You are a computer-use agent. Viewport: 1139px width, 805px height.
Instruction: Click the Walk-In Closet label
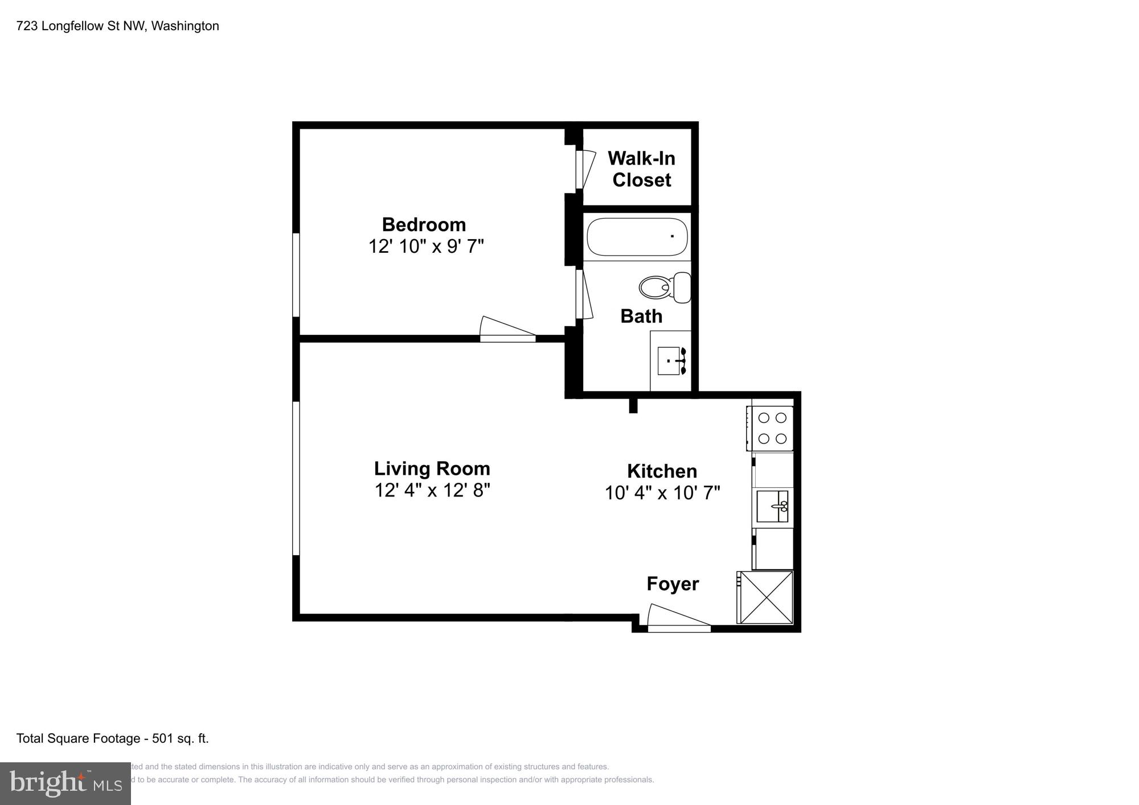tap(641, 169)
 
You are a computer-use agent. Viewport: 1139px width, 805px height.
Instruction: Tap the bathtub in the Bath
tap(637, 237)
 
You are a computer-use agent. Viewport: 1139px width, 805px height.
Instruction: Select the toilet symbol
tap(664, 287)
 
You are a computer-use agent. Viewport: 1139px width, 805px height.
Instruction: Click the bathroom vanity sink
tap(671, 361)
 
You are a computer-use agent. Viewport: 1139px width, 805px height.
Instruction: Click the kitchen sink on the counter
tap(772, 506)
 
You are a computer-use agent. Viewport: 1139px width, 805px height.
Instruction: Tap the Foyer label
tap(673, 584)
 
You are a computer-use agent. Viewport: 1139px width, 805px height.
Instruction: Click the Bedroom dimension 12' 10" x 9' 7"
tap(426, 247)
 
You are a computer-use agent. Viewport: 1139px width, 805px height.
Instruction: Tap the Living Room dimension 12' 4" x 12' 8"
tap(432, 490)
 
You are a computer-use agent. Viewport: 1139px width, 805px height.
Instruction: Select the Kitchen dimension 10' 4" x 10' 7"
tap(662, 492)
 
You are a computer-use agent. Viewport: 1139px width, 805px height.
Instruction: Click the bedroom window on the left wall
tap(296, 274)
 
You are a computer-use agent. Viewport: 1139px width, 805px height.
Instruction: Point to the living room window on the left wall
tap(296, 478)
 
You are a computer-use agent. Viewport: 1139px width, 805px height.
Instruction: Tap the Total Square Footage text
tap(112, 738)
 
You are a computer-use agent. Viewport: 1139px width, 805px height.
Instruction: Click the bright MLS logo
tap(65, 784)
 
